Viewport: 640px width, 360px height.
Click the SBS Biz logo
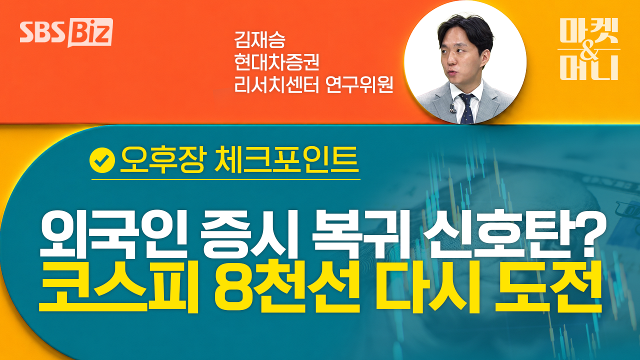coord(66,32)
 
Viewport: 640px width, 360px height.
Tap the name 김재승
coord(259,39)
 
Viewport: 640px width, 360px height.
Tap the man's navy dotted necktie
coord(467,109)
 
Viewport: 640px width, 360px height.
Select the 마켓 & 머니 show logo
coord(589,49)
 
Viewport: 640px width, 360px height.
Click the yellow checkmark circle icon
coord(102,160)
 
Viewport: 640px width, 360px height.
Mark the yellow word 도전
coord(548,286)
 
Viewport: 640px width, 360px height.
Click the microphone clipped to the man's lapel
coord(452,108)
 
